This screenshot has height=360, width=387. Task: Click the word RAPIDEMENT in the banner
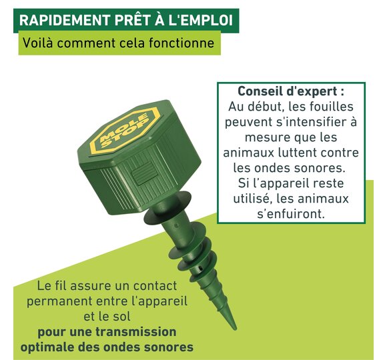pyautogui.click(x=65, y=20)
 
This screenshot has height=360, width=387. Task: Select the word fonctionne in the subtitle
pyautogui.click(x=181, y=43)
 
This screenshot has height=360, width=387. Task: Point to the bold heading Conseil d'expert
pyautogui.click(x=291, y=91)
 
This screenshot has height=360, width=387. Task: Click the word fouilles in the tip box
pyautogui.click(x=332, y=107)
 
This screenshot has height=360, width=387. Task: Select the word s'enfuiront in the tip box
pyautogui.click(x=291, y=214)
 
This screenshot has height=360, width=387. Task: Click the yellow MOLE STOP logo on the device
pyautogui.click(x=125, y=131)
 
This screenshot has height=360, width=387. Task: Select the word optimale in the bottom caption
pyautogui.click(x=47, y=348)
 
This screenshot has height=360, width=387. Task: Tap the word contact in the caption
pyautogui.click(x=155, y=286)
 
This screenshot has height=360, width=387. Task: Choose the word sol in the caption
pyautogui.click(x=121, y=317)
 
